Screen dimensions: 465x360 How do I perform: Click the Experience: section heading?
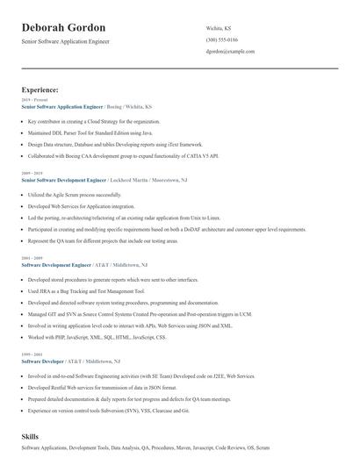point(40,90)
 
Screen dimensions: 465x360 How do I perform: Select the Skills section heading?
point(30,436)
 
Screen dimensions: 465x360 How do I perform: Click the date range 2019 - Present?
point(32,100)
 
